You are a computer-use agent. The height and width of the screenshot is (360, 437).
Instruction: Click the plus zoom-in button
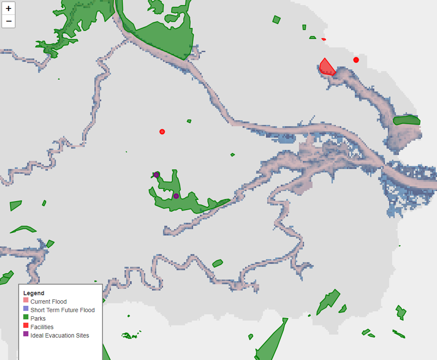pos(9,9)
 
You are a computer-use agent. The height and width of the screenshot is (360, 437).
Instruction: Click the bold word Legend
pos(33,293)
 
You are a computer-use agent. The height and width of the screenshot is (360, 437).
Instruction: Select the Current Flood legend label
pos(48,301)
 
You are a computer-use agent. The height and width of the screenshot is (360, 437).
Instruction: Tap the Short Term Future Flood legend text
pos(62,310)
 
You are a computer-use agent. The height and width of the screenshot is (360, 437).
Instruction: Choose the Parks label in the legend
pos(38,319)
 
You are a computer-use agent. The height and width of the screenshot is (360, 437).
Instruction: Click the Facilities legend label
pos(42,327)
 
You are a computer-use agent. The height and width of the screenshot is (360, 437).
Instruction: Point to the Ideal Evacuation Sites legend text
pos(60,336)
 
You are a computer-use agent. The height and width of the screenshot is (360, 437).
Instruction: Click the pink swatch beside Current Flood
pos(26,301)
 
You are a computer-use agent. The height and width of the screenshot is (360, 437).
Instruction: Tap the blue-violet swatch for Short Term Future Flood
pos(26,310)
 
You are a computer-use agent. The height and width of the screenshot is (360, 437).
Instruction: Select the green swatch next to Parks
pos(26,319)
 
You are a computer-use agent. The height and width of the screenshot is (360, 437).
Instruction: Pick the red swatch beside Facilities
pos(26,327)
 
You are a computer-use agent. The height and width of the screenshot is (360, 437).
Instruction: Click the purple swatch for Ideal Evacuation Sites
pos(26,336)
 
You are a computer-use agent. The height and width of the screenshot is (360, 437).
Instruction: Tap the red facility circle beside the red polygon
pos(356,60)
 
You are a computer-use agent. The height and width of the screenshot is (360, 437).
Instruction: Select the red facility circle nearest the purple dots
pos(162,132)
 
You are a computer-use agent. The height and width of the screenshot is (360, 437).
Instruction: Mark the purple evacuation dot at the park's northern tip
pos(156,175)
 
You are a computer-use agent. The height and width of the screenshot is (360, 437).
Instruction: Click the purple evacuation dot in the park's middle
pos(176,196)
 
